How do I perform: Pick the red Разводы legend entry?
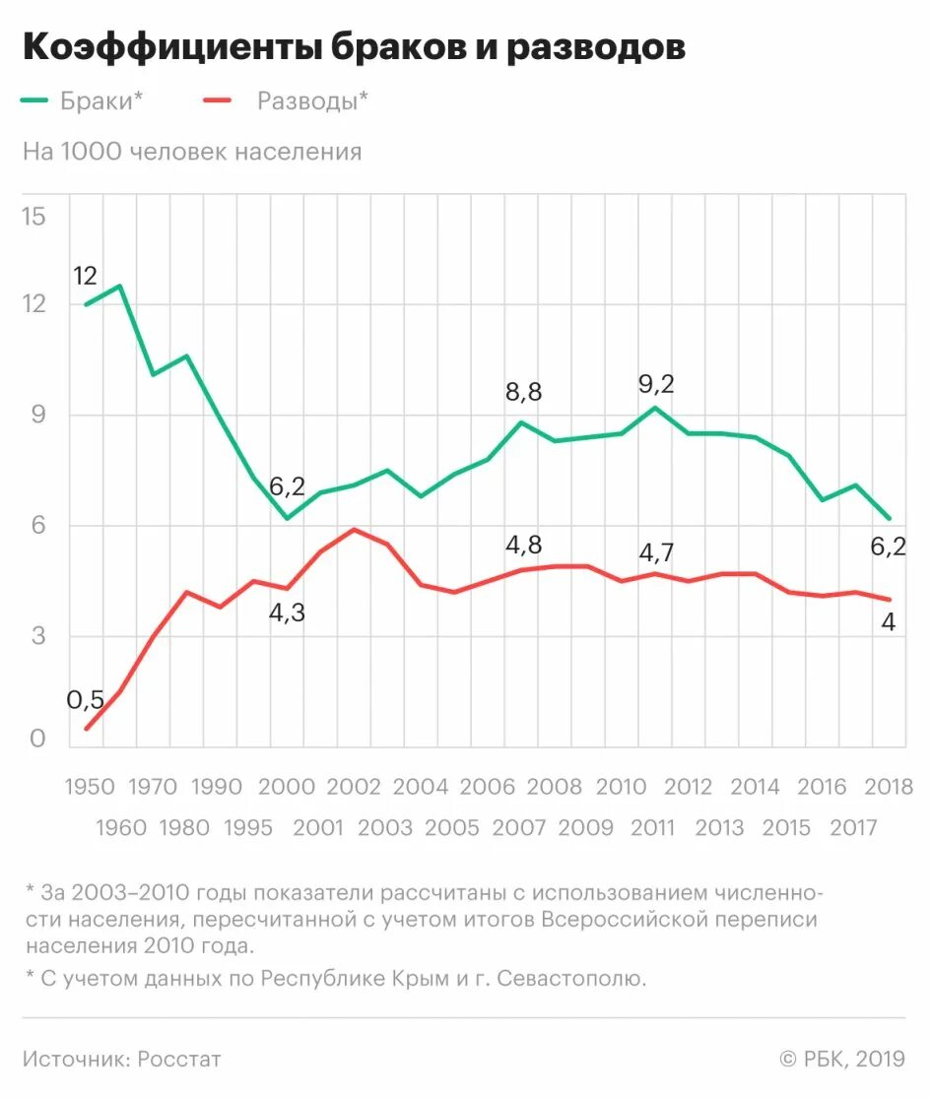[287, 100]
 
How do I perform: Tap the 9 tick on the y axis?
[38, 415]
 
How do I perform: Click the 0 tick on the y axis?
[38, 739]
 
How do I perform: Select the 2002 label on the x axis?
[354, 787]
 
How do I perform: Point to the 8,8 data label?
[522, 392]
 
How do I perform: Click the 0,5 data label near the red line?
[86, 700]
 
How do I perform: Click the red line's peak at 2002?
[354, 530]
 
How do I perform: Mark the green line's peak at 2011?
[655, 408]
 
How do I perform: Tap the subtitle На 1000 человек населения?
[192, 152]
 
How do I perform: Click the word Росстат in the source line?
[179, 1060]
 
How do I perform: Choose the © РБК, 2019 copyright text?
[842, 1060]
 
